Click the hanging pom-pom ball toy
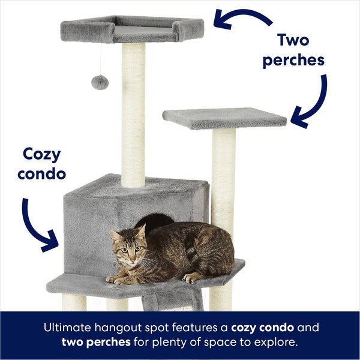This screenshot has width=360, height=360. tap(100, 82)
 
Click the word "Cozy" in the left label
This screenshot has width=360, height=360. tap(42, 154)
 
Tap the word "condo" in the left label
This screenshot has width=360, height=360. tap(42, 174)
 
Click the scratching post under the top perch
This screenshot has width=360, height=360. tap(133, 114)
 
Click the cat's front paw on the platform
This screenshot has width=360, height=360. tap(113, 279)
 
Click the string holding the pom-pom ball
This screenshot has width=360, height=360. tap(100, 57)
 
